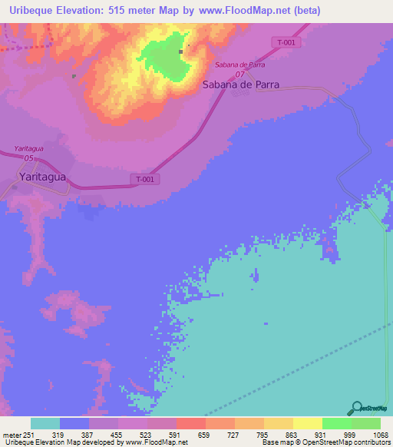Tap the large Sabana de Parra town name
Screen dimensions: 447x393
(240, 84)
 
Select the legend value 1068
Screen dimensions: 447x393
(380, 435)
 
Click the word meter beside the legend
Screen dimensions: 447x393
(12, 435)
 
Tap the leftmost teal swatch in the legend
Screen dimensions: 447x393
(45, 423)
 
